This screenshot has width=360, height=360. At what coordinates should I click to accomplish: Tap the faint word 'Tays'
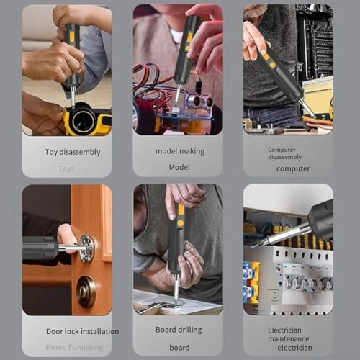click(66, 168)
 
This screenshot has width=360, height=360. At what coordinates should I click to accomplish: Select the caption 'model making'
click(180, 151)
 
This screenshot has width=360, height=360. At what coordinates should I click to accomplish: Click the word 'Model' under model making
click(179, 166)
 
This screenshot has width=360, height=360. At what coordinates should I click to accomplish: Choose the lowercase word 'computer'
click(293, 168)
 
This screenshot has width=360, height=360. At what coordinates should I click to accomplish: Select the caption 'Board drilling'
click(180, 330)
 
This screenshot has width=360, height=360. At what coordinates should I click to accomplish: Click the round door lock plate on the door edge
click(87, 248)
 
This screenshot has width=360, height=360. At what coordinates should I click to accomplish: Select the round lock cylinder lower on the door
click(86, 291)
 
